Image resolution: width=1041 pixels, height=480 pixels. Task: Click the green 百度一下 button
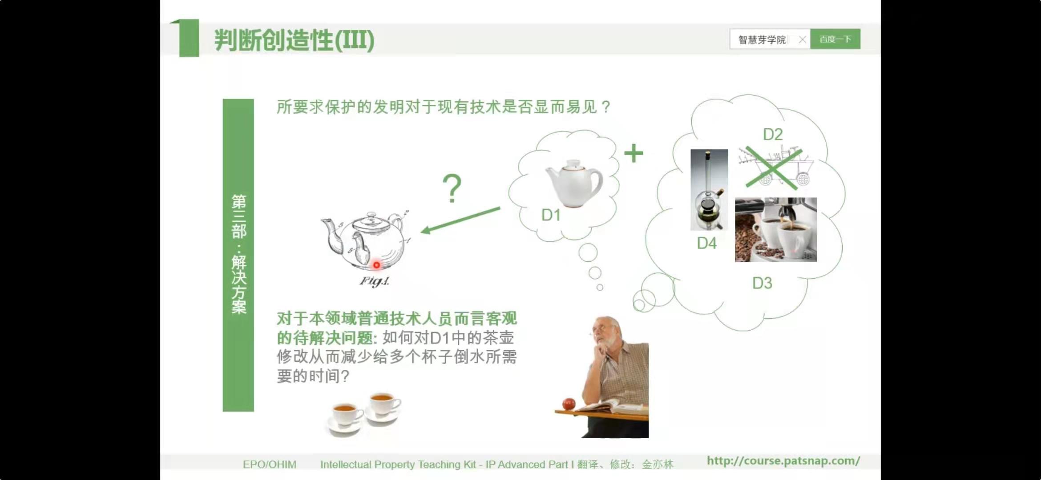coord(835,39)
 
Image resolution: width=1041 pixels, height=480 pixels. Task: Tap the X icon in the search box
coord(802,40)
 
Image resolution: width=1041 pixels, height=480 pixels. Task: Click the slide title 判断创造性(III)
coord(294,40)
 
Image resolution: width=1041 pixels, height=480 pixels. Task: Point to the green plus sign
coord(633,153)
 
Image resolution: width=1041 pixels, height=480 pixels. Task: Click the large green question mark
coord(452,188)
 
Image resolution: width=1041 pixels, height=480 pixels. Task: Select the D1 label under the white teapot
coord(551,215)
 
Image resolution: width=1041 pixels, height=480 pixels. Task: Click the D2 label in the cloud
coord(773,134)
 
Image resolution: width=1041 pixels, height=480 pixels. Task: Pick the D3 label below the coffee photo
coord(762,283)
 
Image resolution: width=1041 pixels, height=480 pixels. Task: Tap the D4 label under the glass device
coord(707,243)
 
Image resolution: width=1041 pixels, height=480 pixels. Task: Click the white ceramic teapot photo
coord(574,183)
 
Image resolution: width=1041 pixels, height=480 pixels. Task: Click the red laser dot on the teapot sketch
coord(376,265)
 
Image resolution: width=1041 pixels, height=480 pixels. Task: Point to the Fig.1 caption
coord(375,281)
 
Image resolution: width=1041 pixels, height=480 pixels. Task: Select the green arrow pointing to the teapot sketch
coord(460,220)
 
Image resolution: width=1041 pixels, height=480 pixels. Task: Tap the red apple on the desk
coord(569,404)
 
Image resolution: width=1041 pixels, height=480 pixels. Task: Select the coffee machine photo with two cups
coord(776,230)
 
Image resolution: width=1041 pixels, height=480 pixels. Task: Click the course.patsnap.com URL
coord(783,461)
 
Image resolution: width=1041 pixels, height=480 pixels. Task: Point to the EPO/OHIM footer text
coord(270,464)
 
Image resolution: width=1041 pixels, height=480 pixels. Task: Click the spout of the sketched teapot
coord(331,233)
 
